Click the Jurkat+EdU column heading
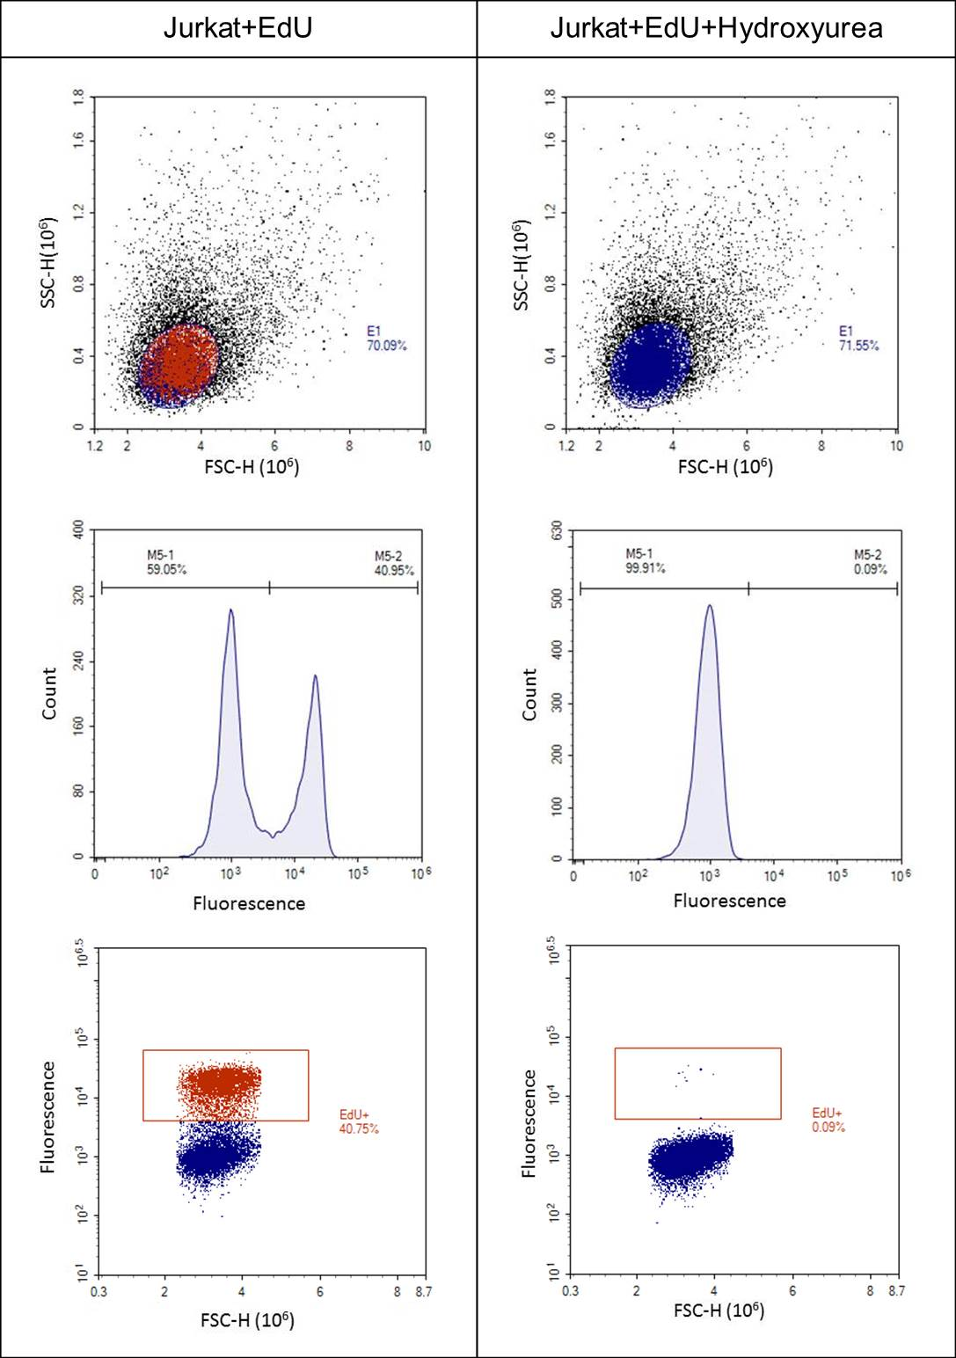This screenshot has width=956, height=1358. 237,29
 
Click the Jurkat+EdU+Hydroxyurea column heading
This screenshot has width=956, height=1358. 716,29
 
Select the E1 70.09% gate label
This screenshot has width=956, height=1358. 387,339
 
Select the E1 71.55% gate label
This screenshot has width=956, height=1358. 858,339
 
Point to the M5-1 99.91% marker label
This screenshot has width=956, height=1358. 646,561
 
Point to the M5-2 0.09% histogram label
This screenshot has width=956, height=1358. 871,562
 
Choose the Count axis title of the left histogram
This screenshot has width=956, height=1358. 49,694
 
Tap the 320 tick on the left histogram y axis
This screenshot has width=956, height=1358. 79,596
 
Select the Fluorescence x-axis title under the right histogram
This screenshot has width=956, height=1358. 729,901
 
